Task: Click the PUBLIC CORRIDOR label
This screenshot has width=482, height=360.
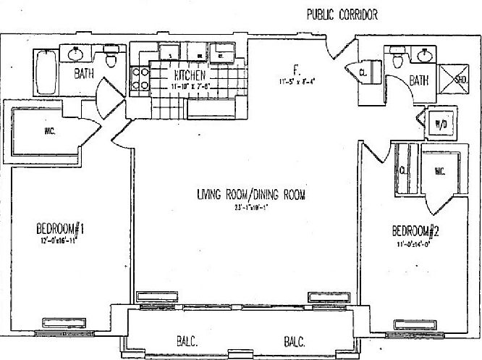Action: pos(343,14)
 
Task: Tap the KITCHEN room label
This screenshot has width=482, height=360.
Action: pos(190,75)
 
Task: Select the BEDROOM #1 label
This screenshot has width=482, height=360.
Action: pos(61,230)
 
